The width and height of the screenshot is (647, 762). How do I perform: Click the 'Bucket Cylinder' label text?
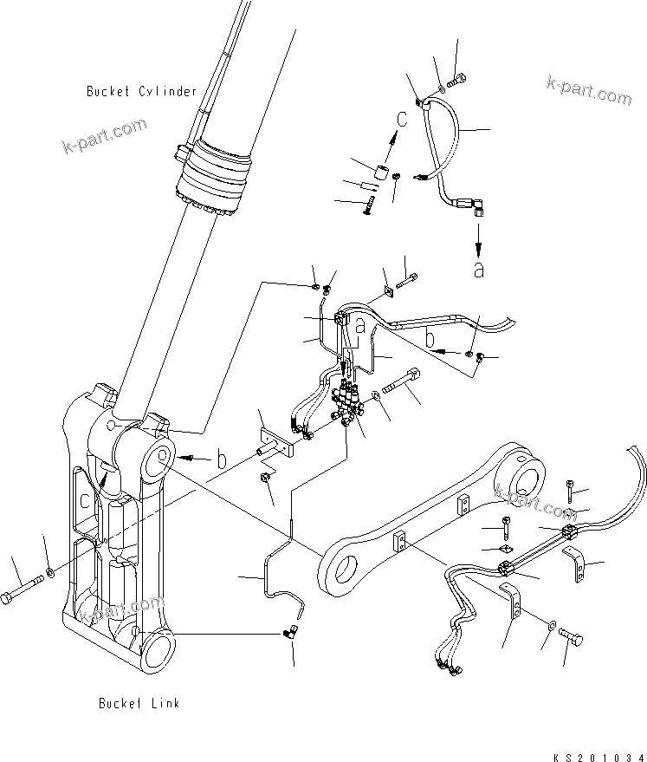coord(142,91)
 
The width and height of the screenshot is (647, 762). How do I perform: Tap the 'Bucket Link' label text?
coord(139,703)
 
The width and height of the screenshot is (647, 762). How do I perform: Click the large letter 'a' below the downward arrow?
coord(478,269)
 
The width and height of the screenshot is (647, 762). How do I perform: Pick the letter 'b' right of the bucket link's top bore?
coord(223,459)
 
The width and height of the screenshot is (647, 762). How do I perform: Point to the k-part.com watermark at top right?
coord(589,88)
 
